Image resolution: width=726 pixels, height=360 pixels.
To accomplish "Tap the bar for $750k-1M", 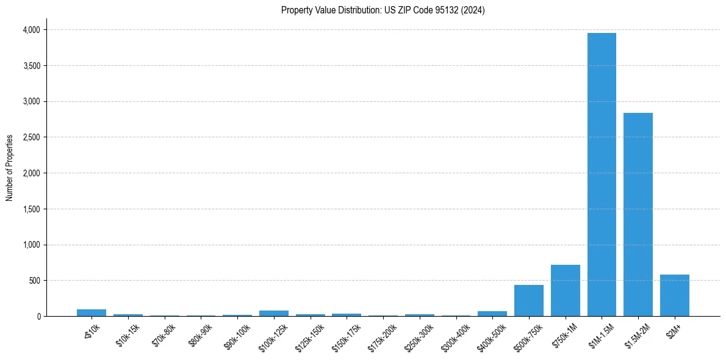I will (x=565, y=290).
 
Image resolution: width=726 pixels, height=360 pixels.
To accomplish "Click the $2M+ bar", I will (x=674, y=295).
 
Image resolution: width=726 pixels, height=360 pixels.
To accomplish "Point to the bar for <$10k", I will (x=92, y=313).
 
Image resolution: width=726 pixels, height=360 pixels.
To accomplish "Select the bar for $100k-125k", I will (x=274, y=314).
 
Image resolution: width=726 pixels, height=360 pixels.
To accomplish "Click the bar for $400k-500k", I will (x=492, y=314).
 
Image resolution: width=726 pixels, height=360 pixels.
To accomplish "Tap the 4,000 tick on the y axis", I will (x=31, y=29).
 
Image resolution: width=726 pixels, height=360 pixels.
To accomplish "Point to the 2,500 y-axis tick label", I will (x=31, y=137).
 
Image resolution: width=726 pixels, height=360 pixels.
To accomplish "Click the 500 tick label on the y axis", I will (x=35, y=281).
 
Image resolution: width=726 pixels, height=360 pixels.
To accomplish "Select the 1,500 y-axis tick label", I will (x=31, y=209).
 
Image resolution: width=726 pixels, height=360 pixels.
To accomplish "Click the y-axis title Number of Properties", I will (x=9, y=168).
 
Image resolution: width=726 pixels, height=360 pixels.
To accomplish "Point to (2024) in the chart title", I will (x=474, y=10).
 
